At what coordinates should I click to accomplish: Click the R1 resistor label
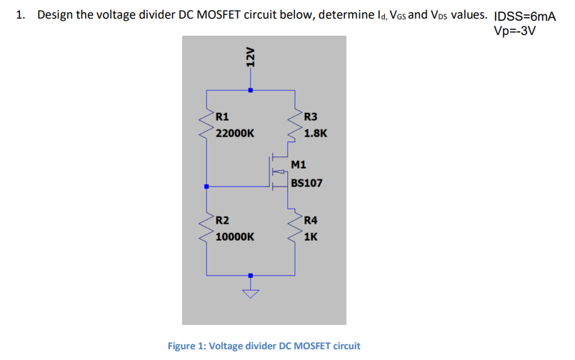(222, 117)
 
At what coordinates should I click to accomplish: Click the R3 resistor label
(311, 117)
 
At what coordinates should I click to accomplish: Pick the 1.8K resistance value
(315, 133)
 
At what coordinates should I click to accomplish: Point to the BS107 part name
(306, 183)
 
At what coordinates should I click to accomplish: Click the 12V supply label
(249, 57)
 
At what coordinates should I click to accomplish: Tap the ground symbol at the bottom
(250, 291)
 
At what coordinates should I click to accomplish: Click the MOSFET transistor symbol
(277, 172)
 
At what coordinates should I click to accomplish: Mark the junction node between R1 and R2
(207, 186)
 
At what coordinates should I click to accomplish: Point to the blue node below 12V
(250, 91)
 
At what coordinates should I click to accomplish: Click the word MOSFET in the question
(215, 15)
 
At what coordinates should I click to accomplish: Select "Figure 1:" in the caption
(187, 346)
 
